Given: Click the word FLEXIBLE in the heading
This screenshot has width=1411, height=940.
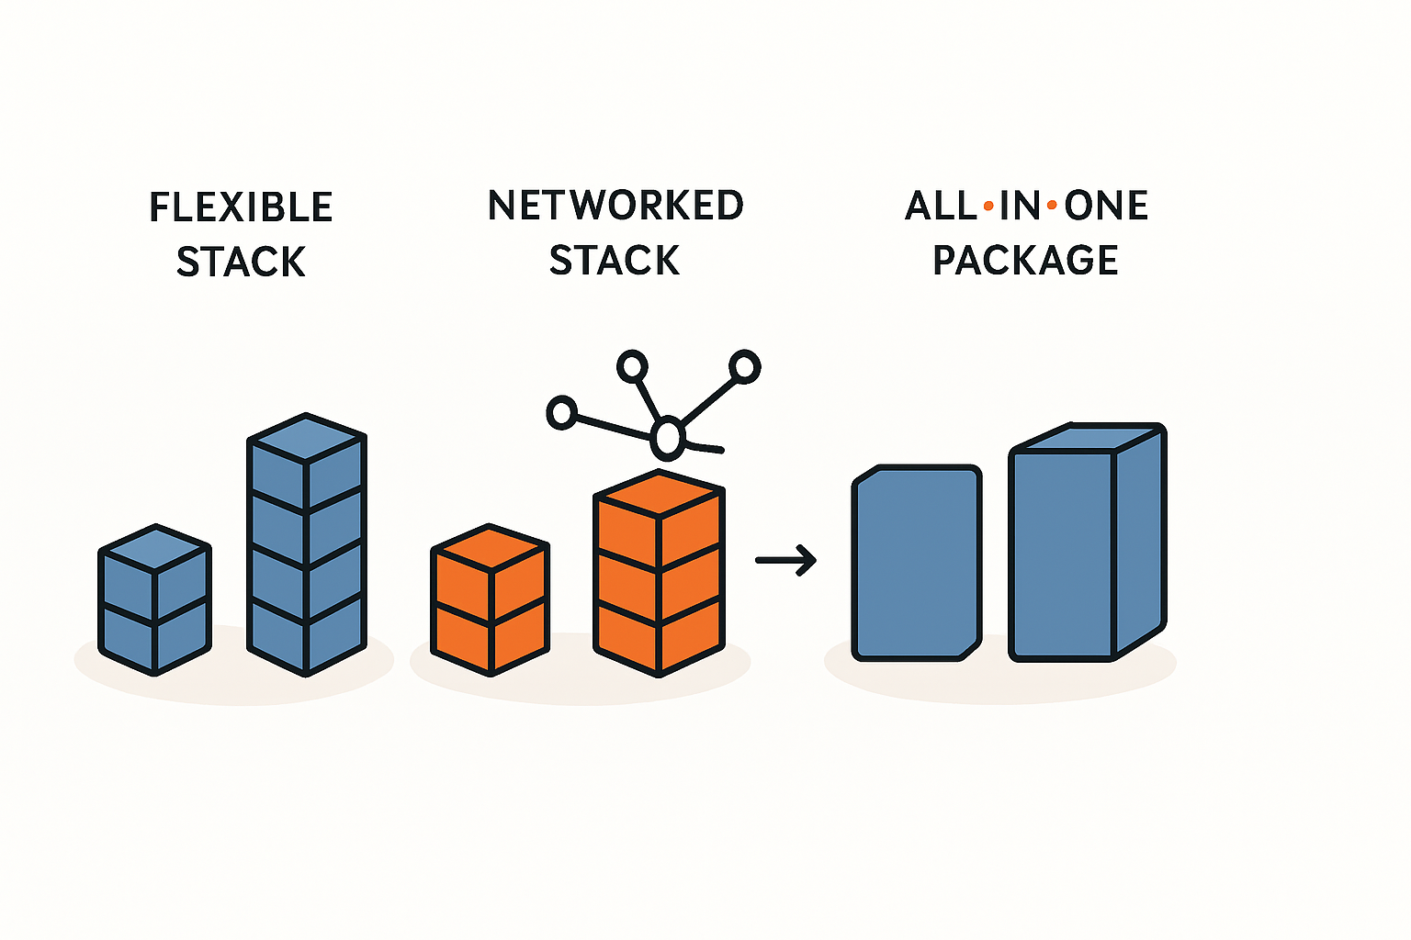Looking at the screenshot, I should pyautogui.click(x=241, y=207).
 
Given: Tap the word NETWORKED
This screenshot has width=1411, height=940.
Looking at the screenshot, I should pyautogui.click(x=615, y=206).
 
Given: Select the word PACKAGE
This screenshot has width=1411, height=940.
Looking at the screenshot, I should pyautogui.click(x=1025, y=261).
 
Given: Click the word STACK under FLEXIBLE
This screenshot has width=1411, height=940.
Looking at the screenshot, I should pyautogui.click(x=241, y=263).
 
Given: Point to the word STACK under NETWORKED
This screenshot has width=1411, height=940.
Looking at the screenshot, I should pyautogui.click(x=615, y=261).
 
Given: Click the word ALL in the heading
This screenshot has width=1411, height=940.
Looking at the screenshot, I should pyautogui.click(x=940, y=207).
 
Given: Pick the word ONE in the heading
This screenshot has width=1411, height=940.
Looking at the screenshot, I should pyautogui.click(x=1106, y=207).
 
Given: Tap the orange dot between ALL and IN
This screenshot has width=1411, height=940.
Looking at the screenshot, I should pyautogui.click(x=988, y=207).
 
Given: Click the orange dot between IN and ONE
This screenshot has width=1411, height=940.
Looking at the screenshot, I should pyautogui.click(x=1052, y=207).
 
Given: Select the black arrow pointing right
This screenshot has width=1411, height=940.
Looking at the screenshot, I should pyautogui.click(x=786, y=560).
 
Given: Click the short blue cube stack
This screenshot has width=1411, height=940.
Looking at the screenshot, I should pyautogui.click(x=155, y=601).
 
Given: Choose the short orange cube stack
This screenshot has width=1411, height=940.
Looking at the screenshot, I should pyautogui.click(x=491, y=601).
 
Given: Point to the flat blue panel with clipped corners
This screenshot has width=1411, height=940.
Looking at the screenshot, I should pyautogui.click(x=917, y=563).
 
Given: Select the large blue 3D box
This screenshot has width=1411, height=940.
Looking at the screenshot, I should pyautogui.click(x=1087, y=546).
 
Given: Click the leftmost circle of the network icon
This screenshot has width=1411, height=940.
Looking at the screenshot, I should pyautogui.click(x=561, y=413).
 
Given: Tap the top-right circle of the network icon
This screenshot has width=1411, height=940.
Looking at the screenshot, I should pyautogui.click(x=745, y=367).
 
